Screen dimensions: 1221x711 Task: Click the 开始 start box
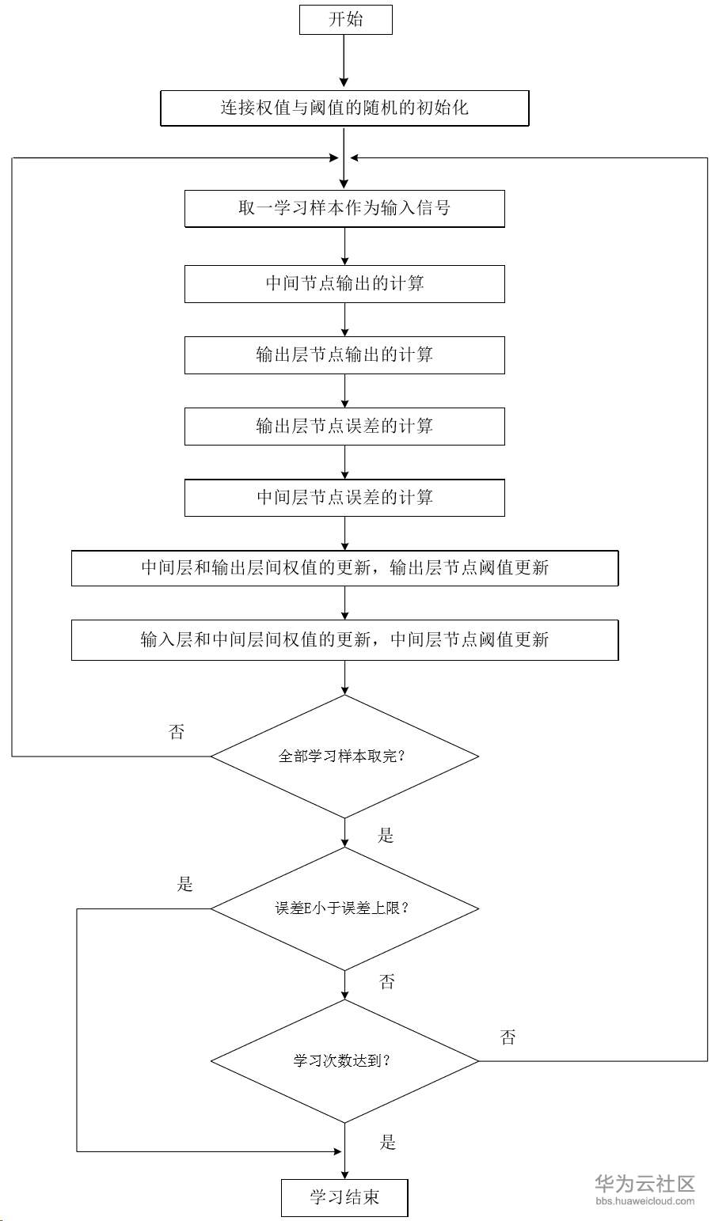point(345,20)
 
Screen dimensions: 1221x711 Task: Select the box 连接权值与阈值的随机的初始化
point(344,108)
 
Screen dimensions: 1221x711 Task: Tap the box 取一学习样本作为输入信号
point(344,208)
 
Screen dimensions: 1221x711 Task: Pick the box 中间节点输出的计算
point(344,283)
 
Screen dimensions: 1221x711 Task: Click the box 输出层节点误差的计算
point(344,426)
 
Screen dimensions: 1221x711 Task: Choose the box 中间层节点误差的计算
point(344,497)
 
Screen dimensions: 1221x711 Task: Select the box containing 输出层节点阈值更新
point(344,568)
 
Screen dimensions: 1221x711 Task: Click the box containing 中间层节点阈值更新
point(344,639)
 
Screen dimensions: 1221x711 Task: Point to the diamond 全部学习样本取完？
point(344,756)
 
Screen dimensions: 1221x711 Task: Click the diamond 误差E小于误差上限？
point(344,908)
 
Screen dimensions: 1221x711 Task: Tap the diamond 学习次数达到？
point(344,1060)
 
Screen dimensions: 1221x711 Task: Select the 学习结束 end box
point(344,1197)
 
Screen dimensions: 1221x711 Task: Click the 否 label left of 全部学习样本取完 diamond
point(177,732)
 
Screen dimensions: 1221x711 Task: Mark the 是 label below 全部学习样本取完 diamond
point(386,836)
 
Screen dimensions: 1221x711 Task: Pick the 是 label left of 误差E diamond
point(185,884)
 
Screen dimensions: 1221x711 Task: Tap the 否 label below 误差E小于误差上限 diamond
point(387,982)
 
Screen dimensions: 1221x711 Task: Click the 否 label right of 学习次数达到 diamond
point(508,1037)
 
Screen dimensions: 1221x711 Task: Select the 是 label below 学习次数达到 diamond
point(388,1142)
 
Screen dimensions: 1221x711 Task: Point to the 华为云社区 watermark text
point(644,1184)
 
